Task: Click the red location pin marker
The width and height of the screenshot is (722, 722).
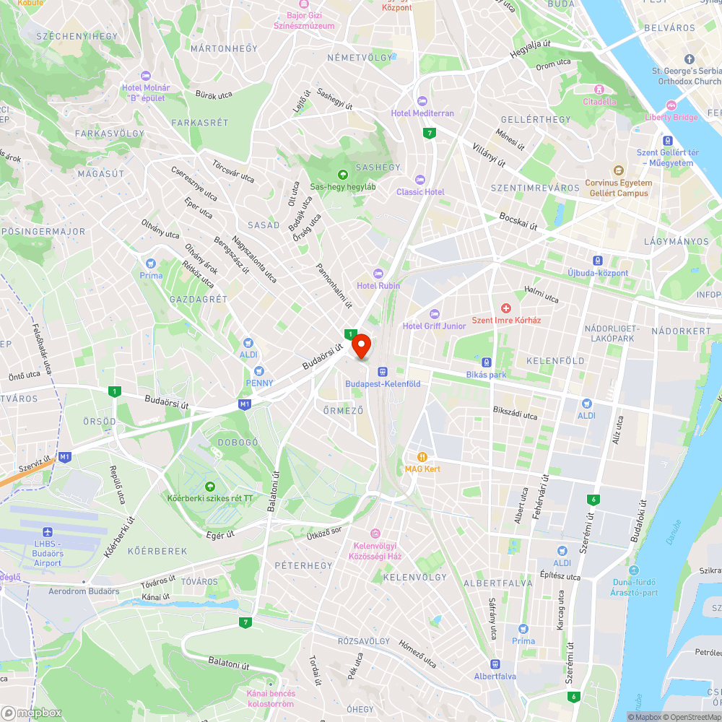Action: (361, 345)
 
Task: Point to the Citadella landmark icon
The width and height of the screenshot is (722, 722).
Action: (599, 89)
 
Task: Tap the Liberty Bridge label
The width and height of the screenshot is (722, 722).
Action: (671, 117)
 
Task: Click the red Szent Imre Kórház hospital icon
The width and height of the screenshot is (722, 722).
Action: (506, 308)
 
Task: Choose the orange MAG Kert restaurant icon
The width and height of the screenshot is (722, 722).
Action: (422, 456)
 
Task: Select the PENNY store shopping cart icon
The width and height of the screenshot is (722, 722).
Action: (259, 370)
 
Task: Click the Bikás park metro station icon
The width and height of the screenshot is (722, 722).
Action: (487, 362)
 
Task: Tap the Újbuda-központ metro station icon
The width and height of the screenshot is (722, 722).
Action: (598, 261)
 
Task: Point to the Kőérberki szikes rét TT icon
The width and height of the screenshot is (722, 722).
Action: (210, 486)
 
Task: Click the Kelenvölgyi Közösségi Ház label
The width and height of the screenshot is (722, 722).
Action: (375, 551)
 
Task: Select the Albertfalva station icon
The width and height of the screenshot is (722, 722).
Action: (495, 664)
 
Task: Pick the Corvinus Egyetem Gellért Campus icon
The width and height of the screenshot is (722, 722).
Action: (617, 170)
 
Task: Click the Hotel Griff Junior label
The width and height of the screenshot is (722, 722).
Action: (435, 326)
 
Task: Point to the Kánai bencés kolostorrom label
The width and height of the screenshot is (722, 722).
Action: (271, 698)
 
